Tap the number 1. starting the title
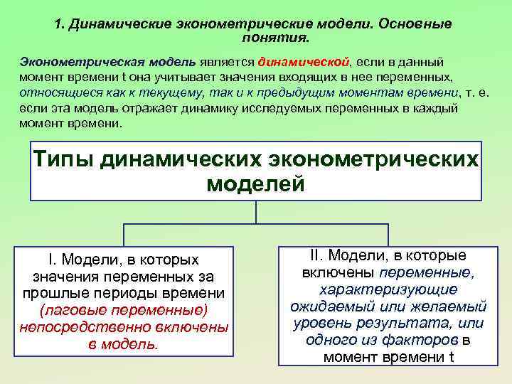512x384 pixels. (59, 23)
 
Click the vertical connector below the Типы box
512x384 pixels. (256, 212)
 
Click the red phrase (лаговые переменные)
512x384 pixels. (124, 310)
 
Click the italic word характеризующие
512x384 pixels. (388, 289)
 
